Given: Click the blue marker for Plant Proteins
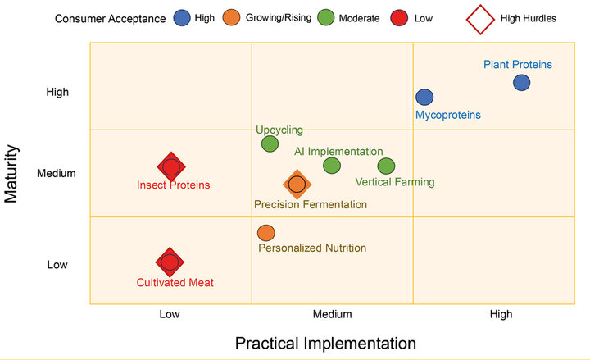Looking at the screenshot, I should [x=522, y=82].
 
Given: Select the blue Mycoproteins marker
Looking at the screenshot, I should [x=424, y=98].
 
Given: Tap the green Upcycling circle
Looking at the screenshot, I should [x=270, y=144].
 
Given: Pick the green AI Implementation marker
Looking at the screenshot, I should [x=331, y=166].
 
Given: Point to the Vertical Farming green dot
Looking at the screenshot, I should [x=386, y=166].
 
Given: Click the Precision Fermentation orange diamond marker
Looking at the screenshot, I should [x=297, y=185].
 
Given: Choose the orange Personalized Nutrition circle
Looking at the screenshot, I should [x=265, y=233].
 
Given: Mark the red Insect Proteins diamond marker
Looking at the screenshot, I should [x=170, y=166].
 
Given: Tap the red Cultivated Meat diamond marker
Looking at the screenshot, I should [x=170, y=262].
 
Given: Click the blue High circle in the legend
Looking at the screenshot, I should [x=183, y=17].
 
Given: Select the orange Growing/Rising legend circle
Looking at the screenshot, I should [x=232, y=17].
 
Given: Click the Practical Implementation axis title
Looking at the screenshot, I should [x=325, y=342].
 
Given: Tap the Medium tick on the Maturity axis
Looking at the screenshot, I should [x=57, y=173].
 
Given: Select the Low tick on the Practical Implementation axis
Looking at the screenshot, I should [x=170, y=314].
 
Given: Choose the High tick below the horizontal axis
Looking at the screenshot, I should [x=500, y=314].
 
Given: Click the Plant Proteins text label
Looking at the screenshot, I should [x=517, y=64].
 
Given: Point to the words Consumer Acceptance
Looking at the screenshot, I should [x=111, y=17].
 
